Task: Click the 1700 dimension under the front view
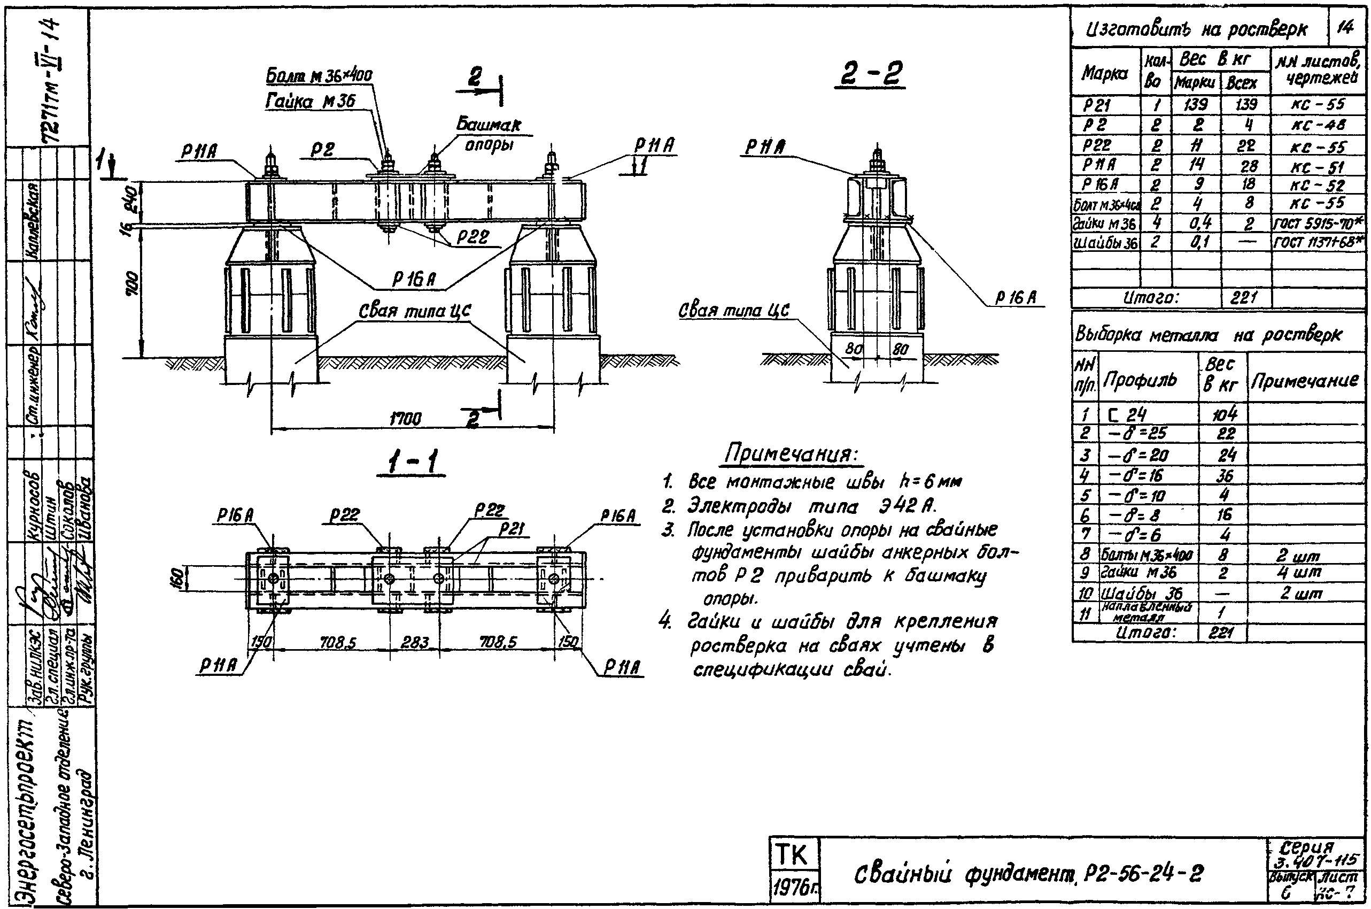[405, 419]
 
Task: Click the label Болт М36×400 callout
[319, 76]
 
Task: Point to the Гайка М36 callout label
[311, 102]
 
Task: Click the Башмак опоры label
[489, 134]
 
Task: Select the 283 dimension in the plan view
[415, 642]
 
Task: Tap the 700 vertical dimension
[133, 283]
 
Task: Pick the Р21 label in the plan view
[512, 529]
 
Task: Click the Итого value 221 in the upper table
[1243, 298]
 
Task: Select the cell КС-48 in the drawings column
[1318, 125]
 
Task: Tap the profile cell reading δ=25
[1137, 434]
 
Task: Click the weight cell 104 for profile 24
[1224, 414]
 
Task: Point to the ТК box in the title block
[792, 855]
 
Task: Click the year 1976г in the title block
[792, 888]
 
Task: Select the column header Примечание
[1304, 381]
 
